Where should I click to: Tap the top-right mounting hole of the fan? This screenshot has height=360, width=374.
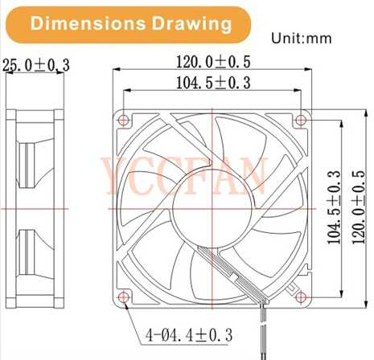300,121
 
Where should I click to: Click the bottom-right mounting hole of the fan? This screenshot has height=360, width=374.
300,297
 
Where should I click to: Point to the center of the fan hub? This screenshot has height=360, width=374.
212,208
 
